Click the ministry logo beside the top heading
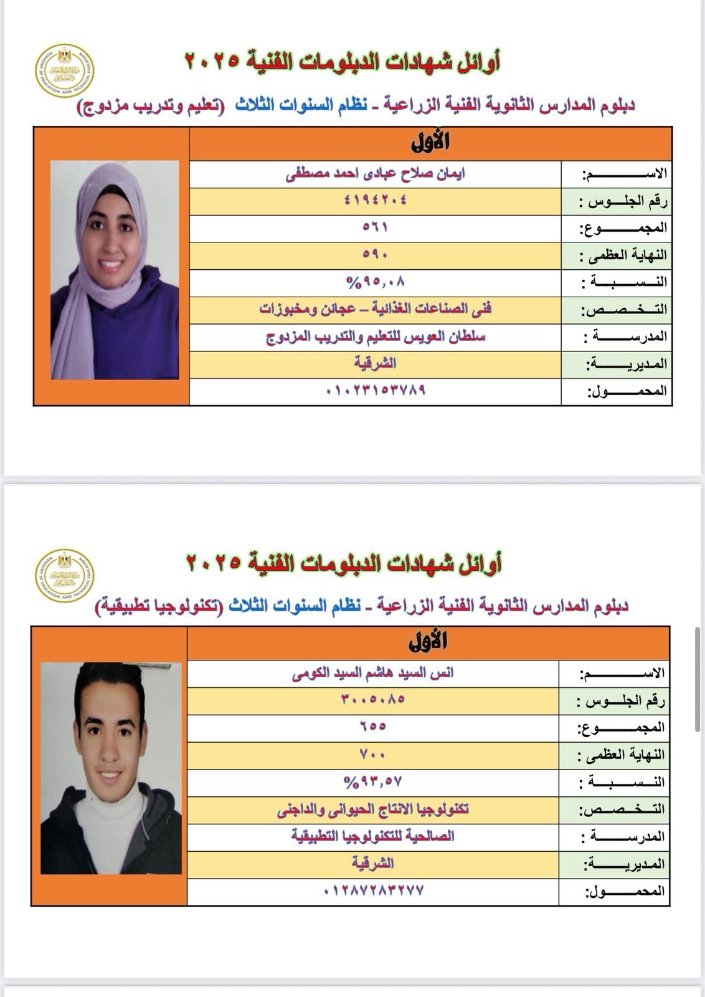pyautogui.click(x=64, y=71)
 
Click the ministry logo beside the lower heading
pyautogui.click(x=64, y=576)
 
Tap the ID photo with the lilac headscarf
pyautogui.click(x=115, y=270)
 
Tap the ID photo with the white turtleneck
pyautogui.click(x=111, y=768)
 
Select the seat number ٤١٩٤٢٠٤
pyautogui.click(x=375, y=200)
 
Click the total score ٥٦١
pyautogui.click(x=375, y=227)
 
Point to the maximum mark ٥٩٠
pyautogui.click(x=375, y=254)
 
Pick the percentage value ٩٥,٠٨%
pyautogui.click(x=375, y=282)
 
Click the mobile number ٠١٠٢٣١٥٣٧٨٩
pyautogui.click(x=375, y=391)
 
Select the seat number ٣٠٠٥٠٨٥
pyautogui.click(x=373, y=699)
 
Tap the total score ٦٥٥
pyautogui.click(x=373, y=726)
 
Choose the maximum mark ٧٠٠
pyautogui.click(x=373, y=754)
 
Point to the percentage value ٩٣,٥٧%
pyautogui.click(x=373, y=781)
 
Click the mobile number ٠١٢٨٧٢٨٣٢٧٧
pyautogui.click(x=373, y=890)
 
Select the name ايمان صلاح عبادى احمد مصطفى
pyautogui.click(x=375, y=173)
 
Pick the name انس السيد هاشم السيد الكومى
pyautogui.click(x=373, y=673)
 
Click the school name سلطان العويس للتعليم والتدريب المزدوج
pyautogui.click(x=375, y=337)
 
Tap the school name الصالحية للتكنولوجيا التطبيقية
pyautogui.click(x=373, y=836)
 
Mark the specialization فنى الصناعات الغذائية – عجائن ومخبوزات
pyautogui.click(x=375, y=309)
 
